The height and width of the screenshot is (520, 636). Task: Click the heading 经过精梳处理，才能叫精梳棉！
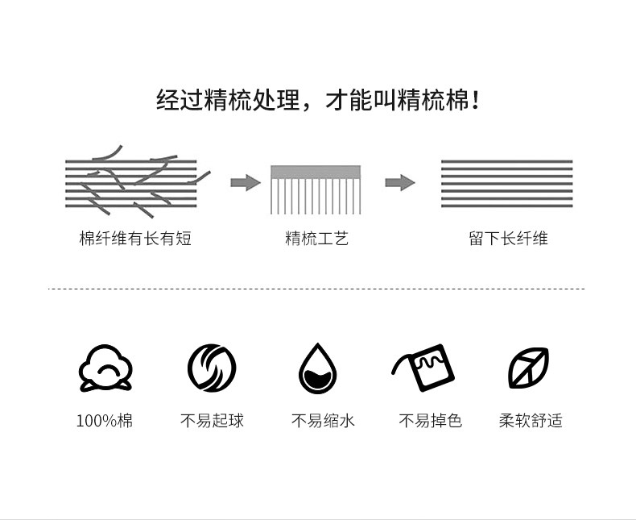[x=317, y=102]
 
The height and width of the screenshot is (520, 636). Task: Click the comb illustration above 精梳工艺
[x=316, y=189]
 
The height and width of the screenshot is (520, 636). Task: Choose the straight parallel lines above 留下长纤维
[x=506, y=183]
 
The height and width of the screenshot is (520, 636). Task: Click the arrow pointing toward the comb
[x=245, y=182]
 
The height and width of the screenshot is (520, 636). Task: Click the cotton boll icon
[x=105, y=368]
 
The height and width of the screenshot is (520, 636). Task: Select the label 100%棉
[x=105, y=420]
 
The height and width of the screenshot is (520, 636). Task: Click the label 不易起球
[x=212, y=420]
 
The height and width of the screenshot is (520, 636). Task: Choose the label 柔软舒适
[x=531, y=420]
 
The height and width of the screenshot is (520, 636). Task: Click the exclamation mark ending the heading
[x=476, y=102]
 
